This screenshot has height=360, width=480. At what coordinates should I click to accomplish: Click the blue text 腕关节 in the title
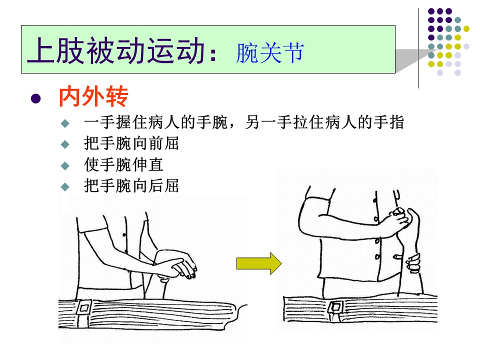click(x=270, y=52)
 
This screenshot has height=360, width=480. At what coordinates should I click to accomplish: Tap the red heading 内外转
click(x=93, y=96)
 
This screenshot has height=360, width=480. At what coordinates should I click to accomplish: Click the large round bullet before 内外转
click(x=36, y=98)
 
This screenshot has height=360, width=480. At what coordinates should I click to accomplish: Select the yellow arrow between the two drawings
click(x=259, y=263)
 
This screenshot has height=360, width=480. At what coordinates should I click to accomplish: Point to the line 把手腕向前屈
click(x=131, y=143)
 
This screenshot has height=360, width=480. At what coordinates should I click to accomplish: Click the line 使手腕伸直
click(x=123, y=164)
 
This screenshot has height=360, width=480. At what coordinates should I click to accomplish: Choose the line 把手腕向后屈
click(x=131, y=186)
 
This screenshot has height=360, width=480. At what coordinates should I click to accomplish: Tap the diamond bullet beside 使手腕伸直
click(x=65, y=166)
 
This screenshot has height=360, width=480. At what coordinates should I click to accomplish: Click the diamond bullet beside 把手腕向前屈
click(x=65, y=144)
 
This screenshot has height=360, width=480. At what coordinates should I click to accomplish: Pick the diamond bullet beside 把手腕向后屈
click(x=65, y=186)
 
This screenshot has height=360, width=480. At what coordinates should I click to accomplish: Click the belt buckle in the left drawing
click(x=84, y=307)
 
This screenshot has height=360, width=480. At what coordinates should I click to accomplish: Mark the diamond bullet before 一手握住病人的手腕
click(x=65, y=123)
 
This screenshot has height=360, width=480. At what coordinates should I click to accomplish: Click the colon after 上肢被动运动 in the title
click(x=213, y=54)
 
